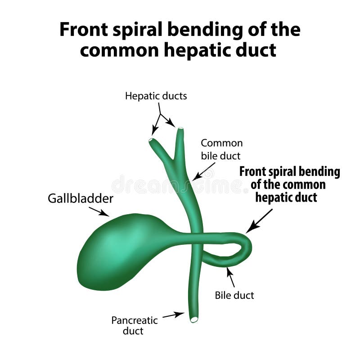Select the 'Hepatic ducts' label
tap(156, 96)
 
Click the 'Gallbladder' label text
tap(81, 198)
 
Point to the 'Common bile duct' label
tap(221, 149)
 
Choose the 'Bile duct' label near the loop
tap(234, 296)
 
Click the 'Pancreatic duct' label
tap(134, 325)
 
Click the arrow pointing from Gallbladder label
tap(99, 211)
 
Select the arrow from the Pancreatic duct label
tap(173, 315)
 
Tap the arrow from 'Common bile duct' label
tap(203, 172)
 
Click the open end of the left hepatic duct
tap(152, 140)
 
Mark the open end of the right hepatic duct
tap(180, 130)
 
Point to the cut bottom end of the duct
tap(193, 319)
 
